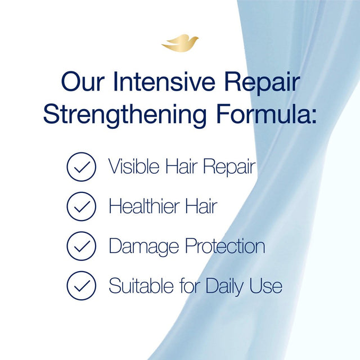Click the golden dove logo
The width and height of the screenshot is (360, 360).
click(x=180, y=43)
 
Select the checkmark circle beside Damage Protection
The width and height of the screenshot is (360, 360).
click(x=82, y=246)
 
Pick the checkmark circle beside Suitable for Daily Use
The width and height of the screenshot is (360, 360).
click(x=82, y=286)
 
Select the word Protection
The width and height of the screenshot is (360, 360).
click(x=225, y=246)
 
